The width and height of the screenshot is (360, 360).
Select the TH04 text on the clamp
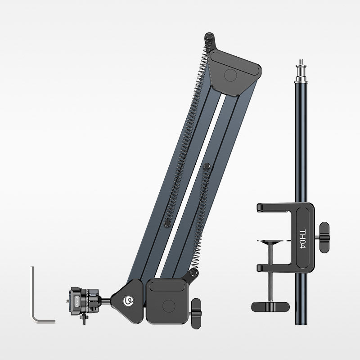point(303,239)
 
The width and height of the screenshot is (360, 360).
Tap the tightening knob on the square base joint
point(196,313)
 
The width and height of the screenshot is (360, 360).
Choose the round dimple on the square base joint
point(169,306)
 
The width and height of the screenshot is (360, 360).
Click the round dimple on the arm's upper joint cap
point(230,76)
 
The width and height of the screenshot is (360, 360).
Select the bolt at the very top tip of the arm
point(209,36)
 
